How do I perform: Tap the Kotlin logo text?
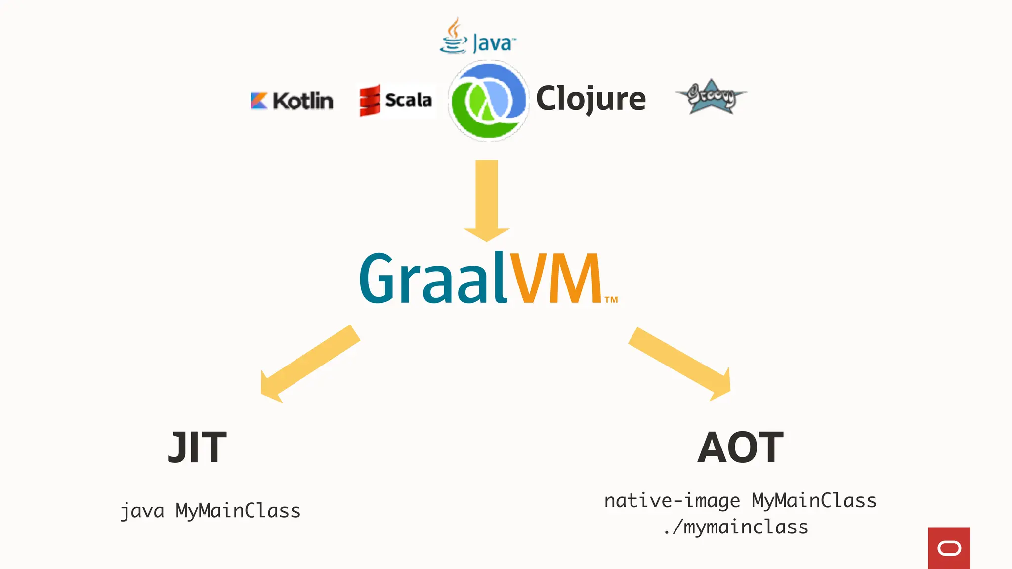point(303,101)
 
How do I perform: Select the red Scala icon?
point(370,100)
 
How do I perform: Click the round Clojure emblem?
point(489,101)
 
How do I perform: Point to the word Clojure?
point(590,99)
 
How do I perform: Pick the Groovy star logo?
point(711,97)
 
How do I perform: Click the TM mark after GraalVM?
point(611,300)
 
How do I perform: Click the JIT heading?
point(197,447)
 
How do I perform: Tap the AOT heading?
point(740,447)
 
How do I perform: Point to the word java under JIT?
point(142,511)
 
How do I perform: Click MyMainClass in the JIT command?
point(238,511)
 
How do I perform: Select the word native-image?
point(672,501)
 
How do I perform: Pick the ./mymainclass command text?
point(736,527)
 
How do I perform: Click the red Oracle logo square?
point(949,548)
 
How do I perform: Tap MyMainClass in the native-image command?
point(814,501)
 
